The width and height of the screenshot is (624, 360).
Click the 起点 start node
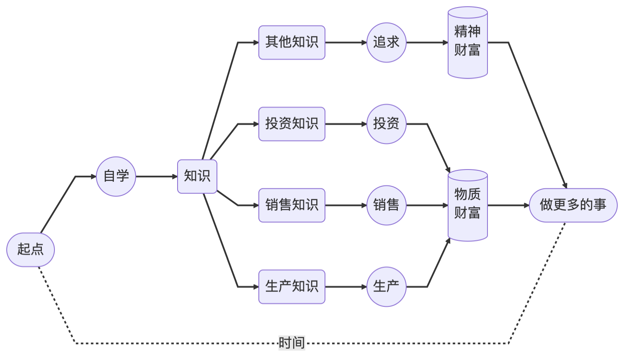[x=31, y=249]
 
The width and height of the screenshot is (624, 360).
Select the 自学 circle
[x=116, y=176]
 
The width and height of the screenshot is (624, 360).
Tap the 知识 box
[x=197, y=176]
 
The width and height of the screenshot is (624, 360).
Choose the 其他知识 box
[x=291, y=42]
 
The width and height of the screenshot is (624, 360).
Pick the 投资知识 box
[x=291, y=124]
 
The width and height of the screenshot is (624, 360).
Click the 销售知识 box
[x=291, y=205]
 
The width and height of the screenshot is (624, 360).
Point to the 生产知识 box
[x=291, y=287]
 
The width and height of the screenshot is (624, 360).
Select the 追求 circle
[x=386, y=42]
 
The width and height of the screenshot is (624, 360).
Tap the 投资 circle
[x=386, y=124]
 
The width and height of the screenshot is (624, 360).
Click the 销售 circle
[x=386, y=205]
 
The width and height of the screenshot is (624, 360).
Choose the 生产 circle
[x=386, y=287]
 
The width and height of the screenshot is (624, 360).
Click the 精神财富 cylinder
[x=467, y=42]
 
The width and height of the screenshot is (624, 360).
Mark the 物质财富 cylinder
[x=467, y=205]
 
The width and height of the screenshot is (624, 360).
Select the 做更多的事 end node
[x=573, y=205]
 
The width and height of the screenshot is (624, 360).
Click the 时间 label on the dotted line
[x=291, y=343]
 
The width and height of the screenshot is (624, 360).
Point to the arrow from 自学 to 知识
[x=157, y=176]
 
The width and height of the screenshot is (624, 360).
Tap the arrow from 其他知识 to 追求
[x=346, y=42]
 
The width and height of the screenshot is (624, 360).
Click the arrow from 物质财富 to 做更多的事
[x=508, y=205]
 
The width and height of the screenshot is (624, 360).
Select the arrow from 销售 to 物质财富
[x=427, y=205]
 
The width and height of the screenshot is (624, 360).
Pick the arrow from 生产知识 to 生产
[x=346, y=287]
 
